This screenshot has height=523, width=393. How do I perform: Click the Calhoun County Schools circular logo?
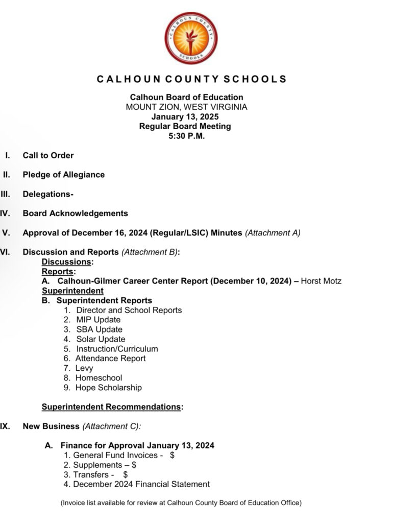point(191,38)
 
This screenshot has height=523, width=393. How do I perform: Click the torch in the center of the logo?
point(191,39)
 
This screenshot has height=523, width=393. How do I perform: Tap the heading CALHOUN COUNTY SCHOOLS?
point(191,79)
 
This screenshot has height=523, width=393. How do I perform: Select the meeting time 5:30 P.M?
point(186,136)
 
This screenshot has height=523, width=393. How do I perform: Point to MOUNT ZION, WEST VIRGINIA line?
point(186,107)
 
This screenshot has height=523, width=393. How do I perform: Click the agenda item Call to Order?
point(48,155)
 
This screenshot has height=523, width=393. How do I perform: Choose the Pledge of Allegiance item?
point(63,175)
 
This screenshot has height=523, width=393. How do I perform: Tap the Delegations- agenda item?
point(48,194)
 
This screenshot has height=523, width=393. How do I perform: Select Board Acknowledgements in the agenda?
point(75,213)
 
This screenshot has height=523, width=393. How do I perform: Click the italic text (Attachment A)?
point(273,233)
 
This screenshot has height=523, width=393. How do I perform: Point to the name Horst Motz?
point(321,281)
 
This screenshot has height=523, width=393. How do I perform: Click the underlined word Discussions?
point(66,262)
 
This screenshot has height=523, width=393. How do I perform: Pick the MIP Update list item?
point(98,320)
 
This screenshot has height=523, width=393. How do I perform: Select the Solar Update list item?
point(101,339)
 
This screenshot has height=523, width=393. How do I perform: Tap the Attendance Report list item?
point(110,359)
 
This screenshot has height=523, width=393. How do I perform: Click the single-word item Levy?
point(84,368)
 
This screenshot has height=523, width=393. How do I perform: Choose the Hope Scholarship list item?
point(108,388)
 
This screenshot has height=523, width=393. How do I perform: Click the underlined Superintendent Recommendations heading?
point(111,407)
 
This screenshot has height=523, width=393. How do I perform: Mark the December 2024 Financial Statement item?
point(141,484)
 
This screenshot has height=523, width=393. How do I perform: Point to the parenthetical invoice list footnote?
point(181,503)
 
